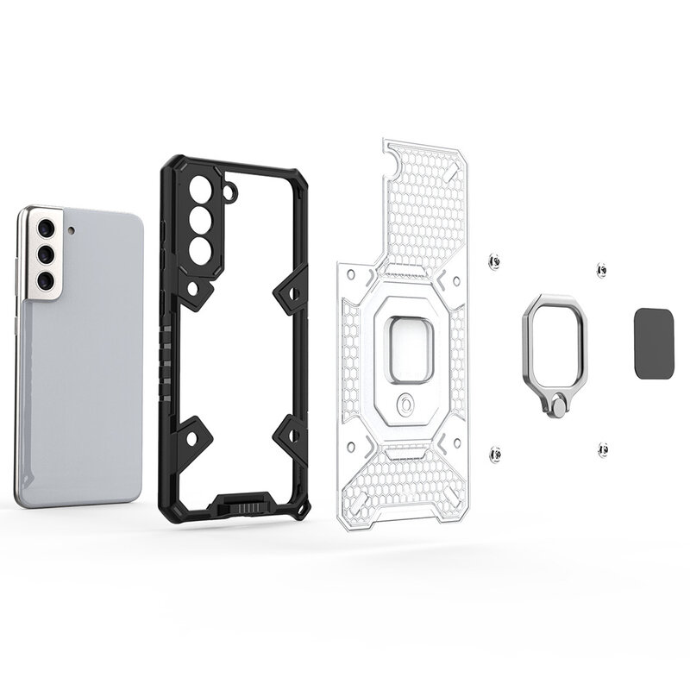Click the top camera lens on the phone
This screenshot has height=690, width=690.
[44, 229]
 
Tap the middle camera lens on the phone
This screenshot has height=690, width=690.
[46, 254]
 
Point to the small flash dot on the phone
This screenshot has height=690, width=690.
[71, 230]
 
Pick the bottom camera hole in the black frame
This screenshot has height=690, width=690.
[199, 251]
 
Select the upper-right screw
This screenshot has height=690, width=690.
[601, 271]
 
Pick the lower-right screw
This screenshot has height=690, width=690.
[602, 448]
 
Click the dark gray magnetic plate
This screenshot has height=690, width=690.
[654, 343]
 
